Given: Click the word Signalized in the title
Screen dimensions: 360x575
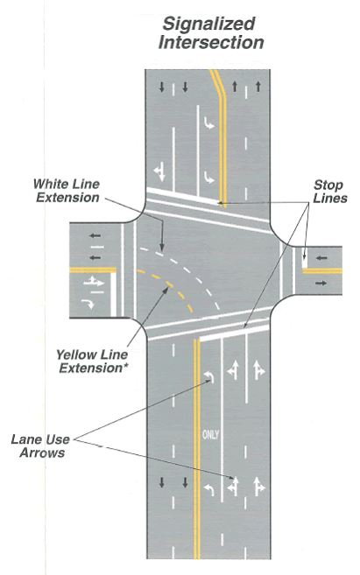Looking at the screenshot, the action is pyautogui.click(x=208, y=24).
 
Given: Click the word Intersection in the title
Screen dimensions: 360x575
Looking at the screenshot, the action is pyautogui.click(x=211, y=42).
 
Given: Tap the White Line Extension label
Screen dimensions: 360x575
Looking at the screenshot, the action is pyautogui.click(x=67, y=191).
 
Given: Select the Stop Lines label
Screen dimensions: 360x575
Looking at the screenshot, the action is pyautogui.click(x=329, y=192).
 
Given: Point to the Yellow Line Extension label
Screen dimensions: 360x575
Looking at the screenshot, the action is pyautogui.click(x=92, y=361).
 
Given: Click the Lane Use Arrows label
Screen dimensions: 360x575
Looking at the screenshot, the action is pyautogui.click(x=40, y=446).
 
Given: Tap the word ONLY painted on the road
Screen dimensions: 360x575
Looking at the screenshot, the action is pyautogui.click(x=210, y=435).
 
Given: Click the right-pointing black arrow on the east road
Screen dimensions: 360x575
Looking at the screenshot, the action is pyautogui.click(x=321, y=283).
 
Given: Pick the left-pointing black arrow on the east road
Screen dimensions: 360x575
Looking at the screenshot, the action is pyautogui.click(x=321, y=258).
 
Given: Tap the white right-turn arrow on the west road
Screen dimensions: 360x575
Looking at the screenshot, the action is pyautogui.click(x=88, y=304).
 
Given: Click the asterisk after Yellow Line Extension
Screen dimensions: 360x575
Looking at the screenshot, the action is pyautogui.click(x=124, y=365).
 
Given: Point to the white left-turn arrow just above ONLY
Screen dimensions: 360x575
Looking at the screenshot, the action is pyautogui.click(x=209, y=376).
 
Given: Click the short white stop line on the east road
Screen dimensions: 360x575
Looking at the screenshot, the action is pyautogui.click(x=304, y=259).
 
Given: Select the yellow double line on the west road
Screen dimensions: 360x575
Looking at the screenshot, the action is pyautogui.click(x=93, y=270).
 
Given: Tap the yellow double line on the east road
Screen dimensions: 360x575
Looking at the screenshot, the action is pyautogui.click(x=322, y=271).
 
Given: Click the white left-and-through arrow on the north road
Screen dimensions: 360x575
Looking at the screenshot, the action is pyautogui.click(x=159, y=172).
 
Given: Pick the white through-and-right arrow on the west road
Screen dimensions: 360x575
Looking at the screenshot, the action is pyautogui.click(x=94, y=282).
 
